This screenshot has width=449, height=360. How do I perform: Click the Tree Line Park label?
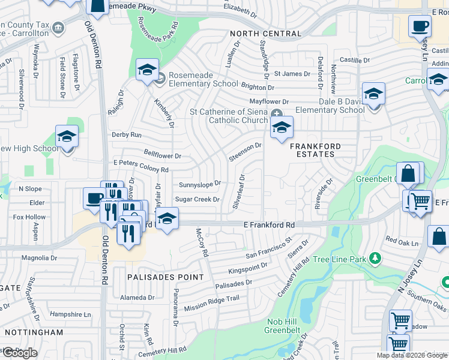340,259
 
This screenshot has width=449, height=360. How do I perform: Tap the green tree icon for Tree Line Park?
375,258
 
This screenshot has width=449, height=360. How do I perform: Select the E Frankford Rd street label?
269,224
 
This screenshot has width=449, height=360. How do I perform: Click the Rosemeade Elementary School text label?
203,79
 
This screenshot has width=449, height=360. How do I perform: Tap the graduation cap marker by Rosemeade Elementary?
147,70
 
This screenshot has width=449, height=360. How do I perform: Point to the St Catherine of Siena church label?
229,116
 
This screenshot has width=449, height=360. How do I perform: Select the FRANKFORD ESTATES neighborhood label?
316,150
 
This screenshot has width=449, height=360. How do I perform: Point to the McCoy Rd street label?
201,242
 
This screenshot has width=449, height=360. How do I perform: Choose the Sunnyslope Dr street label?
200,184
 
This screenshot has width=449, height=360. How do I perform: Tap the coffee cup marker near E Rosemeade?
420,26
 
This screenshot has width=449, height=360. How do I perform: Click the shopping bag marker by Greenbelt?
408,173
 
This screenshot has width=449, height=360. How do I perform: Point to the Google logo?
20,353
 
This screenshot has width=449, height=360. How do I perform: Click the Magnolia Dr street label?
39,258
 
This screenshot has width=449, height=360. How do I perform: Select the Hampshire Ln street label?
70,314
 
